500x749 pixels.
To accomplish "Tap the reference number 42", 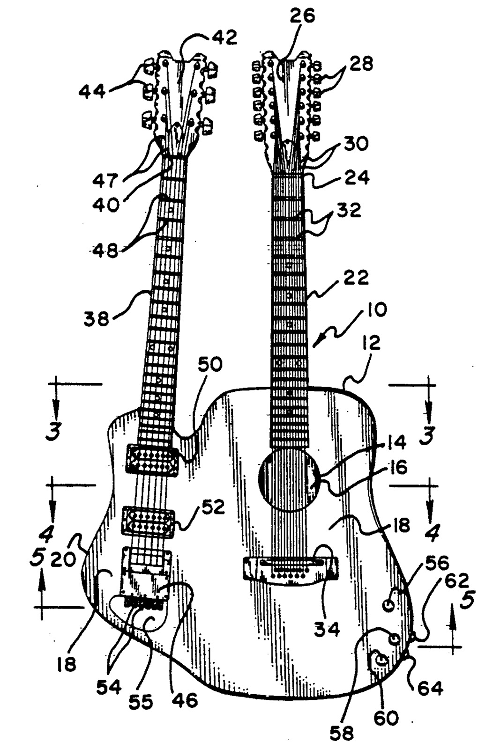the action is pyautogui.click(x=224, y=37).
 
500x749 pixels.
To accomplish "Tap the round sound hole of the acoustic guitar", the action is pyautogui.click(x=289, y=479).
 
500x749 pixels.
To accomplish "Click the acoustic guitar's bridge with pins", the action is pyautogui.click(x=291, y=568).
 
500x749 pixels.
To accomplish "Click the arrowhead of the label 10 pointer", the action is pyautogui.click(x=314, y=347).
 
